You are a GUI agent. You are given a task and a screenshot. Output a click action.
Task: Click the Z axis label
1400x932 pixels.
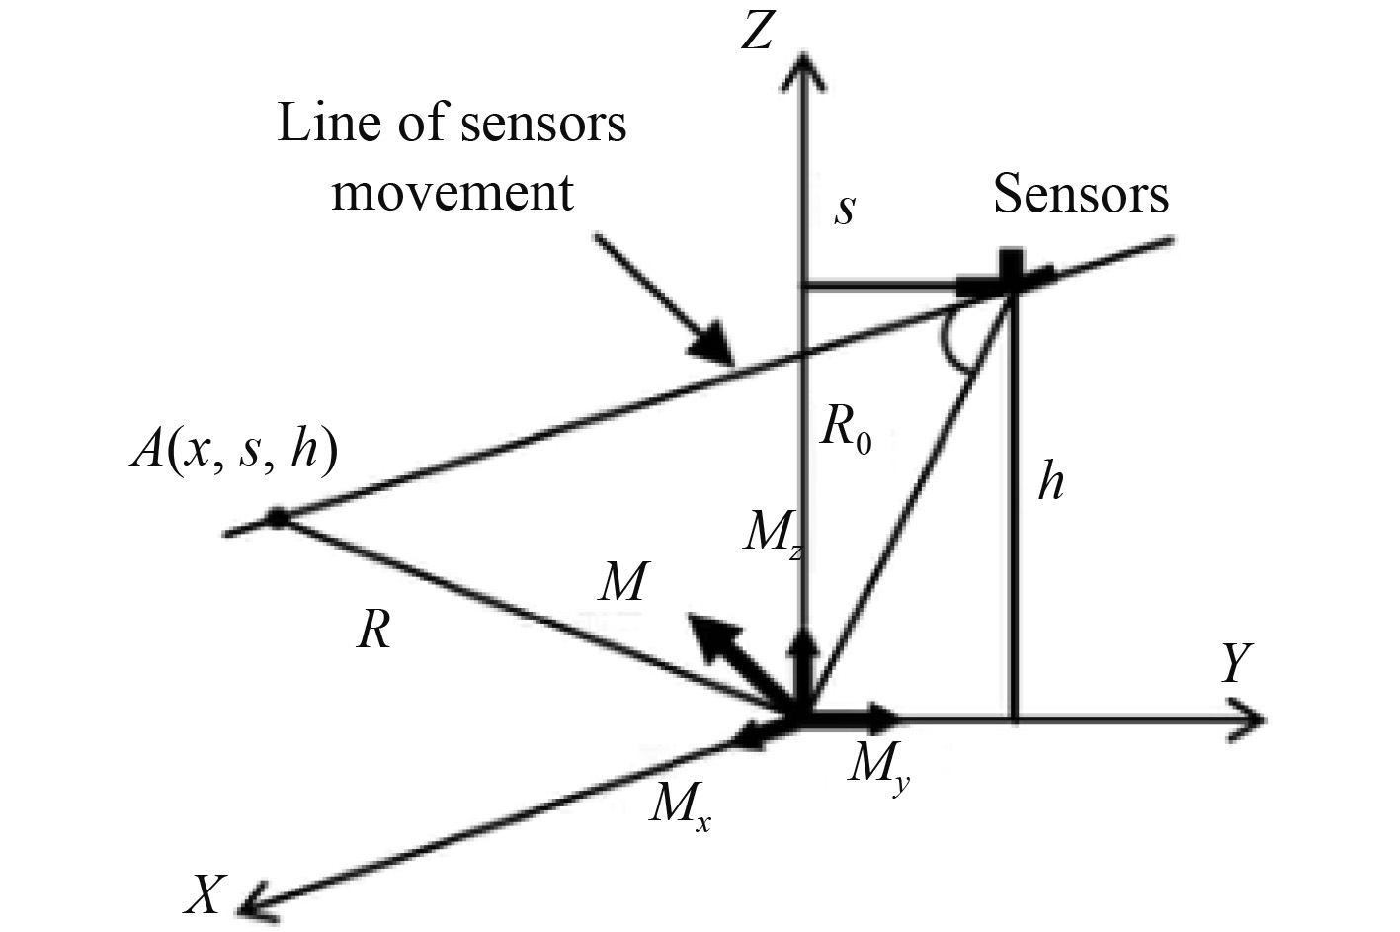coord(756,33)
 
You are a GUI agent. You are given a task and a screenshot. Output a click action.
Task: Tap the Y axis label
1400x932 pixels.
coord(1235,664)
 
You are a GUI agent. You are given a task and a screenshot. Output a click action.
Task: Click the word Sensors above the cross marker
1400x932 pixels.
coord(1081,194)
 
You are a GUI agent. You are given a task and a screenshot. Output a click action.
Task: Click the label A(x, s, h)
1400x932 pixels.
coord(235,454)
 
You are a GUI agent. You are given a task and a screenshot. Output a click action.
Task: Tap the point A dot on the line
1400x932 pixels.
coord(278,517)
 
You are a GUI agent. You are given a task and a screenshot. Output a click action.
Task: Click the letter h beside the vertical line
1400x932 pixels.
coord(1051,483)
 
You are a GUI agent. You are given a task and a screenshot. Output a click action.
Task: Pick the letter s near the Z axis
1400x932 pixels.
coord(843,211)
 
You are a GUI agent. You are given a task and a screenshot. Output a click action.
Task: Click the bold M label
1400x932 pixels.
coord(622,583)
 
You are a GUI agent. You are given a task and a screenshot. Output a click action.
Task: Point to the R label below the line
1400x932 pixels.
coord(373,630)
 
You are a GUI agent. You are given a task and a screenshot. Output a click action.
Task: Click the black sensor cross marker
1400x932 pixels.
coord(1008,273)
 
